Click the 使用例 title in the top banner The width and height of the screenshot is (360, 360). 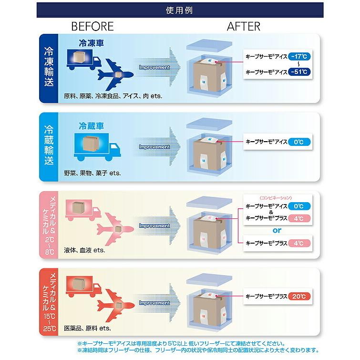[179, 10]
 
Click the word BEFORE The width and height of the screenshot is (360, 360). [93, 26]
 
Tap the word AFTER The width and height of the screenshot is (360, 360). [244, 26]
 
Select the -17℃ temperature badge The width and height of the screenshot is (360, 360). [299, 56]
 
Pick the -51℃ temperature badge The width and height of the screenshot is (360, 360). [299, 72]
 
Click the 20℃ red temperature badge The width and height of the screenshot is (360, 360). [299, 297]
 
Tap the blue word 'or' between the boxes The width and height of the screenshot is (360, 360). [277, 230]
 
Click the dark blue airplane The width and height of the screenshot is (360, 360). [115, 74]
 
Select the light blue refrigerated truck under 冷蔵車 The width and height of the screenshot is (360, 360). [97, 147]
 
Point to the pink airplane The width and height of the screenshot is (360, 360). [115, 229]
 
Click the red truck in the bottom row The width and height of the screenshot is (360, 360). [83, 287]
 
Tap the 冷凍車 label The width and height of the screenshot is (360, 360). [91, 43]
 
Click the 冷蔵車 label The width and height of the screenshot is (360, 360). [91, 126]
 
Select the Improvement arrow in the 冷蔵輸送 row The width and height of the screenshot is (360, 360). [157, 146]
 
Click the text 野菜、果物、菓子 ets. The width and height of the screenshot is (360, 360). [93, 173]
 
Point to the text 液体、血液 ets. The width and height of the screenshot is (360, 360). [84, 250]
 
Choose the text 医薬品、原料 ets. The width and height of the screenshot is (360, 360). [87, 328]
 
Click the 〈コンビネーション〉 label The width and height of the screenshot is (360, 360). [276, 198]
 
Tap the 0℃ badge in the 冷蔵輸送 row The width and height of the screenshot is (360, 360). [299, 142]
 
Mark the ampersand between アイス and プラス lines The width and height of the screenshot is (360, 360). [271, 212]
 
